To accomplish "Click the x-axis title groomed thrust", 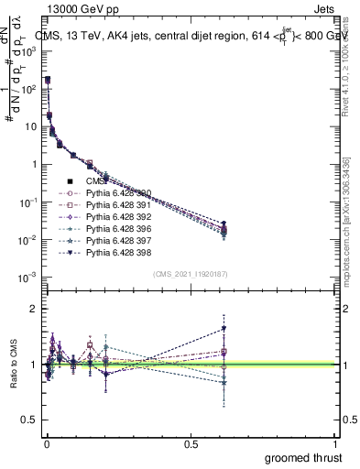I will click(x=303, y=456).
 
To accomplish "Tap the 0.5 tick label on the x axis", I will click(x=191, y=443).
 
